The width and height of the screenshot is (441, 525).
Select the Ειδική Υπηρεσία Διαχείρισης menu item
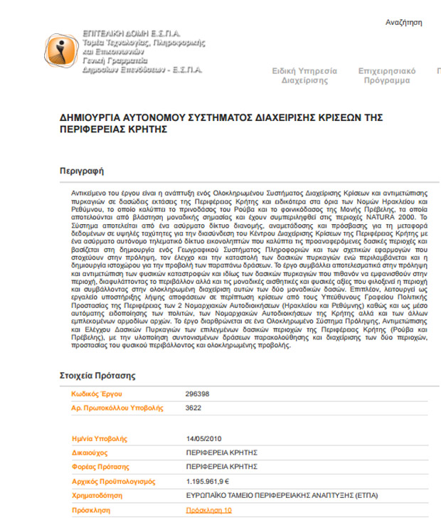[302, 75]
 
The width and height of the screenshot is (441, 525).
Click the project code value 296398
[198, 393]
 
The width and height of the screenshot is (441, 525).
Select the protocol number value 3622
[193, 408]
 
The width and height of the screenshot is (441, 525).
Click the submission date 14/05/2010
[204, 438]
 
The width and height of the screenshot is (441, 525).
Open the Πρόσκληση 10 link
[208, 510]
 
